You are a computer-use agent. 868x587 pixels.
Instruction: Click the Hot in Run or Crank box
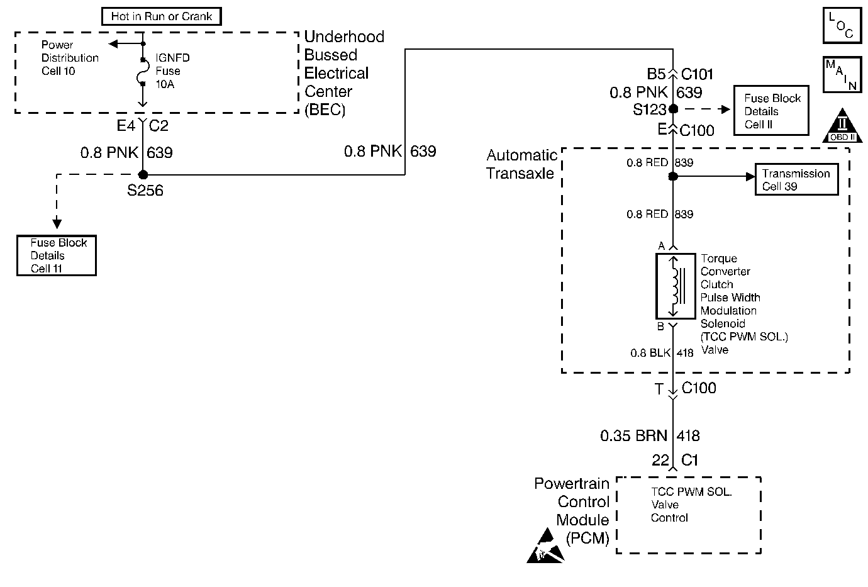coord(162,16)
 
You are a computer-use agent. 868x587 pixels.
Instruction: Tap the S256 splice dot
coord(143,174)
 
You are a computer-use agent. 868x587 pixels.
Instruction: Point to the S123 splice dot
coord(673,109)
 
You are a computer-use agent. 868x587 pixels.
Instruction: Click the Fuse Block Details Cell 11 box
coord(57,255)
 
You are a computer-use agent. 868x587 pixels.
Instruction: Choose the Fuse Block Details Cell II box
coord(771,111)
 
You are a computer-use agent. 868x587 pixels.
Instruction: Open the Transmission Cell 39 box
coord(796,180)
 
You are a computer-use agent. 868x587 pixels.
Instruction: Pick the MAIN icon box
coord(841,74)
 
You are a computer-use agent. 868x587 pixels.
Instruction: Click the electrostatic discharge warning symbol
coord(545,546)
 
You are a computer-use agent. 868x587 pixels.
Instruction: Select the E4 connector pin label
coord(126,126)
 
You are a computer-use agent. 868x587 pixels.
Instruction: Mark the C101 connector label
coord(698,74)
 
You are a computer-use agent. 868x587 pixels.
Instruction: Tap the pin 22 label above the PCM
coord(660,460)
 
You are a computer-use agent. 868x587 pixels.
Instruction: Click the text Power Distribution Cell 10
coord(69,58)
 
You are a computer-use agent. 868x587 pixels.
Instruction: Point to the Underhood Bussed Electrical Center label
coord(343,73)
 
